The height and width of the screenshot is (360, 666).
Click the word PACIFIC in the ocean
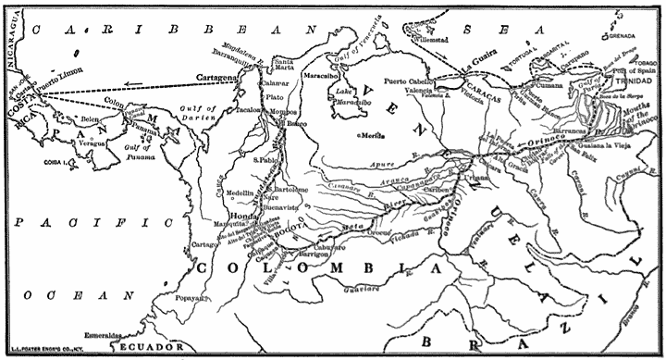point(89,223)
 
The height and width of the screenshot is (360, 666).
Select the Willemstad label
point(434,41)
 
